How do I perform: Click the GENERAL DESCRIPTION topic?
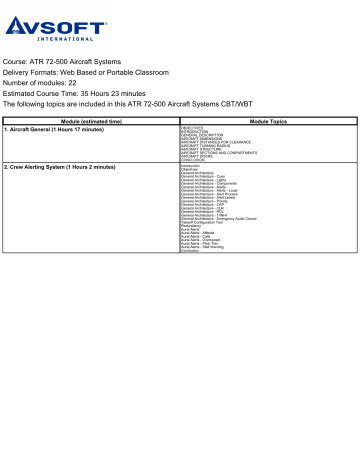click(206, 134)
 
